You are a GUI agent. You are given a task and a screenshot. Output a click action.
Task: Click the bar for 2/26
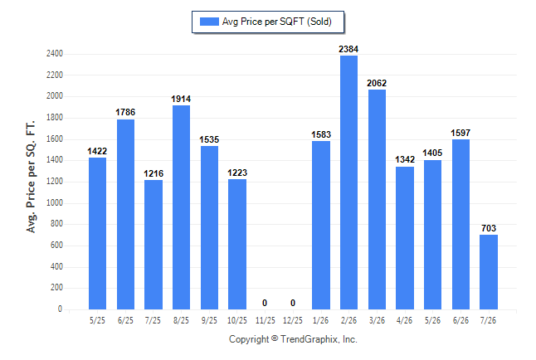click(x=348, y=182)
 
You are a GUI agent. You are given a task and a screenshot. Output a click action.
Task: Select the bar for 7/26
click(x=489, y=272)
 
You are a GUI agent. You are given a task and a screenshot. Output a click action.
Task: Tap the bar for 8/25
click(x=181, y=207)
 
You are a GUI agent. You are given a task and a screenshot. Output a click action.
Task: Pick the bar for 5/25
click(x=97, y=234)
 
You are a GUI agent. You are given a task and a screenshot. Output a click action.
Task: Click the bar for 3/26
click(x=377, y=199)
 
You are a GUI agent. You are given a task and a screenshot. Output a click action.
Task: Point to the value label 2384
click(x=348, y=49)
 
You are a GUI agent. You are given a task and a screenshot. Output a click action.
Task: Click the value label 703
click(x=489, y=228)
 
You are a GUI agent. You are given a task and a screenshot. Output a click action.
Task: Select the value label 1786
click(x=125, y=112)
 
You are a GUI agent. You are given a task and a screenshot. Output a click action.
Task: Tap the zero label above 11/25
click(x=265, y=303)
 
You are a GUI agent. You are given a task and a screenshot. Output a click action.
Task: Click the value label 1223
click(x=237, y=173)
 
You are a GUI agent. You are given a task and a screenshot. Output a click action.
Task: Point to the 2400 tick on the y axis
click(x=55, y=54)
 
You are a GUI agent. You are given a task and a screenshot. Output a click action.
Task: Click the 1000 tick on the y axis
click(x=55, y=202)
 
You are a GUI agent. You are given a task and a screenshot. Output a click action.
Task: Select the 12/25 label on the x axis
click(x=293, y=320)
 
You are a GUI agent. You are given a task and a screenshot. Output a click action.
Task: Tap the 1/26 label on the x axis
click(x=320, y=320)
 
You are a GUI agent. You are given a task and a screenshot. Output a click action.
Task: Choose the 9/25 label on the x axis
click(x=209, y=320)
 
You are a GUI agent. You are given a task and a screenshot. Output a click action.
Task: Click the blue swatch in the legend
click(x=209, y=22)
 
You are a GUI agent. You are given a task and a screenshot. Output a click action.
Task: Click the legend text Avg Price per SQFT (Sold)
click(x=277, y=22)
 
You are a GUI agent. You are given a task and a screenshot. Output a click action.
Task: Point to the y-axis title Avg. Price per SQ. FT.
click(x=31, y=177)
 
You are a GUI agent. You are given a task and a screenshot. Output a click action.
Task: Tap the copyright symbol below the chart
click(x=275, y=338)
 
